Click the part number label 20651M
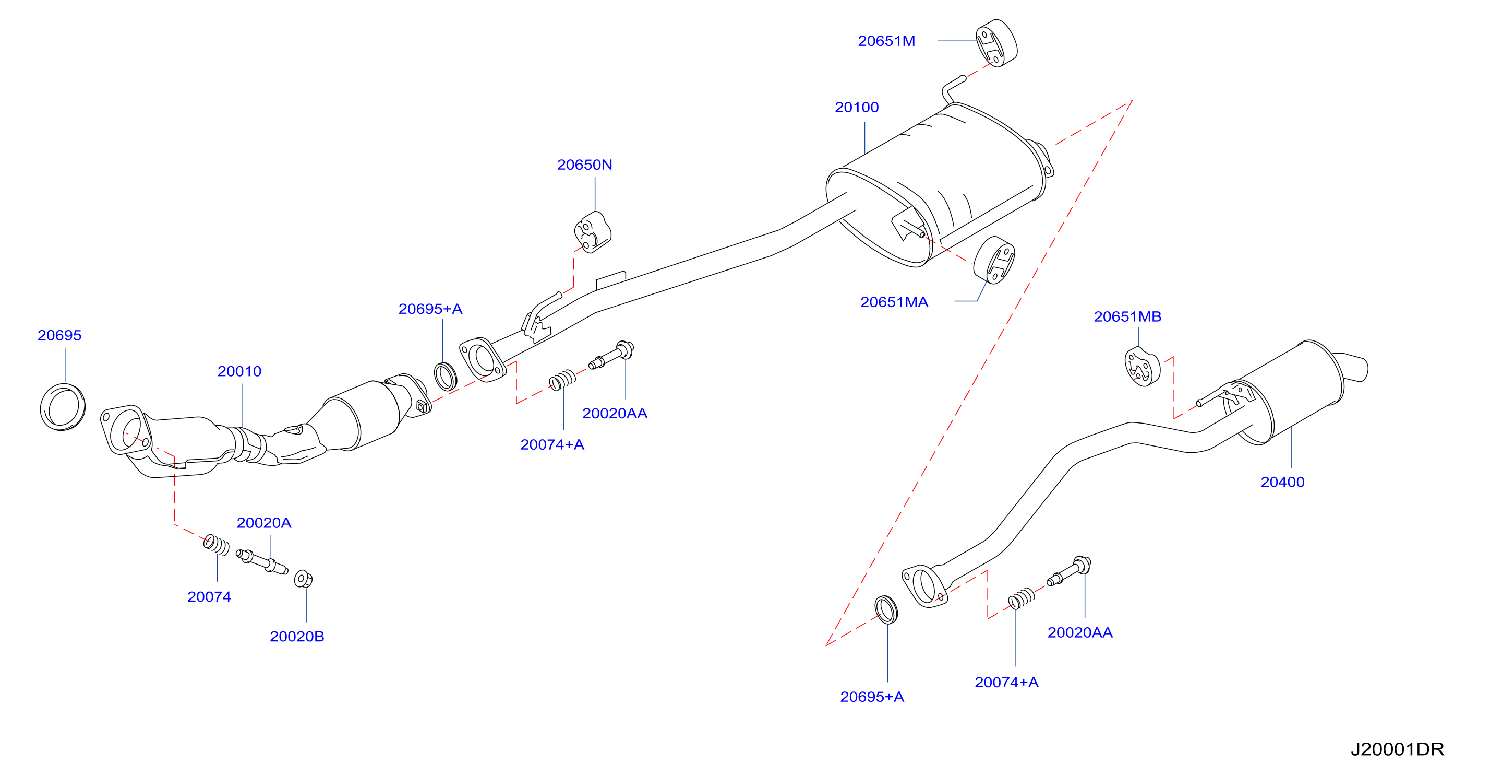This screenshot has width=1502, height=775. tap(886, 41)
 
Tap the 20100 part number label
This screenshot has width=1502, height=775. tap(857, 108)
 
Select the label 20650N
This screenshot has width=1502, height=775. tap(584, 165)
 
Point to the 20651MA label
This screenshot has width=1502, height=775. tap(894, 302)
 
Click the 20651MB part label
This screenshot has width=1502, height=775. tap(1127, 316)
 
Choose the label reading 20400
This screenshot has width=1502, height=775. tap(1282, 482)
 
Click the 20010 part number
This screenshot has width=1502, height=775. tap(239, 371)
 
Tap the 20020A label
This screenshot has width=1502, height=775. tap(263, 523)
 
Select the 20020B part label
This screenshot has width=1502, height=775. tap(297, 636)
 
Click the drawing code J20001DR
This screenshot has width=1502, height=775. tap(1397, 749)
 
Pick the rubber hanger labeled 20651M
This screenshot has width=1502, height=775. tap(996, 43)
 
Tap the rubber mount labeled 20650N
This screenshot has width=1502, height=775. tap(593, 232)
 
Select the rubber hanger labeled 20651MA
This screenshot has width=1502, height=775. tap(994, 260)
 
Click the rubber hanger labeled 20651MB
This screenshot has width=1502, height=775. tap(1141, 367)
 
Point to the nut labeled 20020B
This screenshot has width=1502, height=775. tap(303, 579)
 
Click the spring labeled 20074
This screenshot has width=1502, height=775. tap(217, 545)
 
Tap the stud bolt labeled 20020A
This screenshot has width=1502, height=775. tap(262, 561)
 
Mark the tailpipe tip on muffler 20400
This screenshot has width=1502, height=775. tap(1354, 367)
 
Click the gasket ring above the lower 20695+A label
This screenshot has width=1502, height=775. tap(886, 610)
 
